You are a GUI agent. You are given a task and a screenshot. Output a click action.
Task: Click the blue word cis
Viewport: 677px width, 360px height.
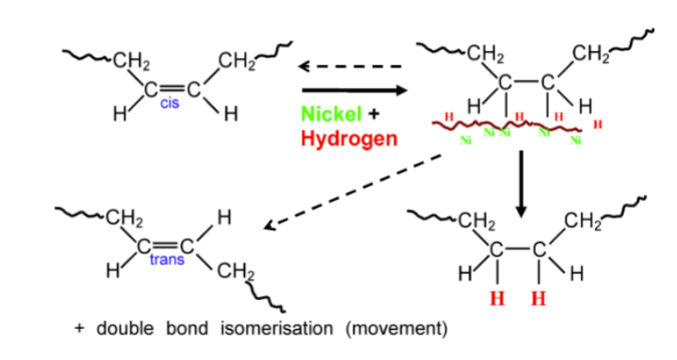point(169,103)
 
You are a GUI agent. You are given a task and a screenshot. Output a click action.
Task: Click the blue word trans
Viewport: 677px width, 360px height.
point(167,259)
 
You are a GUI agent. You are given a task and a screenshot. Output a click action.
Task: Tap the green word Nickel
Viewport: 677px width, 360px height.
point(331,114)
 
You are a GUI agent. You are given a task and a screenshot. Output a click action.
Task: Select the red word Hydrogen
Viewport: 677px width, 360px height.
point(349,139)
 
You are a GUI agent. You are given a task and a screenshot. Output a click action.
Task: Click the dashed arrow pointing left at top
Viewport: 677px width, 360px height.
point(350,66)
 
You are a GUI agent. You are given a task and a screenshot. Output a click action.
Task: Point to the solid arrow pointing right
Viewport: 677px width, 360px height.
point(354,90)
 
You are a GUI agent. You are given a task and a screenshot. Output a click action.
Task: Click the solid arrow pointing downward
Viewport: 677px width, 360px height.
point(521,185)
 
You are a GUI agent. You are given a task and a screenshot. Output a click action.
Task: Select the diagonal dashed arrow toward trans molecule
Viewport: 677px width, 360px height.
point(352,191)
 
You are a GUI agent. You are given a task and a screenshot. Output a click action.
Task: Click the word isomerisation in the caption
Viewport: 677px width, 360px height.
point(277,329)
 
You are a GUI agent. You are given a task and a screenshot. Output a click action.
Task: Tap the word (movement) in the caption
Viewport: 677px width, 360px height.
point(397,329)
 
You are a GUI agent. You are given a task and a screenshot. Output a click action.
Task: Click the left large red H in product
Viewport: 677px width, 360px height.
point(497,298)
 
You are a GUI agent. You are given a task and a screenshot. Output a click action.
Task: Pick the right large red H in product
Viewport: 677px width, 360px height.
point(538,298)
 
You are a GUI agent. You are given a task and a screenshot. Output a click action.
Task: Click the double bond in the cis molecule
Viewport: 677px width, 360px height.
point(172,90)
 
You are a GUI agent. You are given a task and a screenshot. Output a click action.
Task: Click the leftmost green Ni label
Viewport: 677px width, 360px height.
point(466,140)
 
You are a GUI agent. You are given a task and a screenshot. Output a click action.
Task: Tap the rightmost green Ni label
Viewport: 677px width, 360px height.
point(575,140)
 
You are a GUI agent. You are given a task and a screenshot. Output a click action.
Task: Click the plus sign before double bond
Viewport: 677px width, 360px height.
point(79,328)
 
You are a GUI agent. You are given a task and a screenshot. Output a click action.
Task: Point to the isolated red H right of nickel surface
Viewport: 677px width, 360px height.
point(597,125)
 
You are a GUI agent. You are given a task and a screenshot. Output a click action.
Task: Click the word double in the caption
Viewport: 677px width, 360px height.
point(125,329)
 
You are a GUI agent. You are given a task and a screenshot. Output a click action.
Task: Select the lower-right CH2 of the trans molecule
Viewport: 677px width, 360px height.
point(236,271)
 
